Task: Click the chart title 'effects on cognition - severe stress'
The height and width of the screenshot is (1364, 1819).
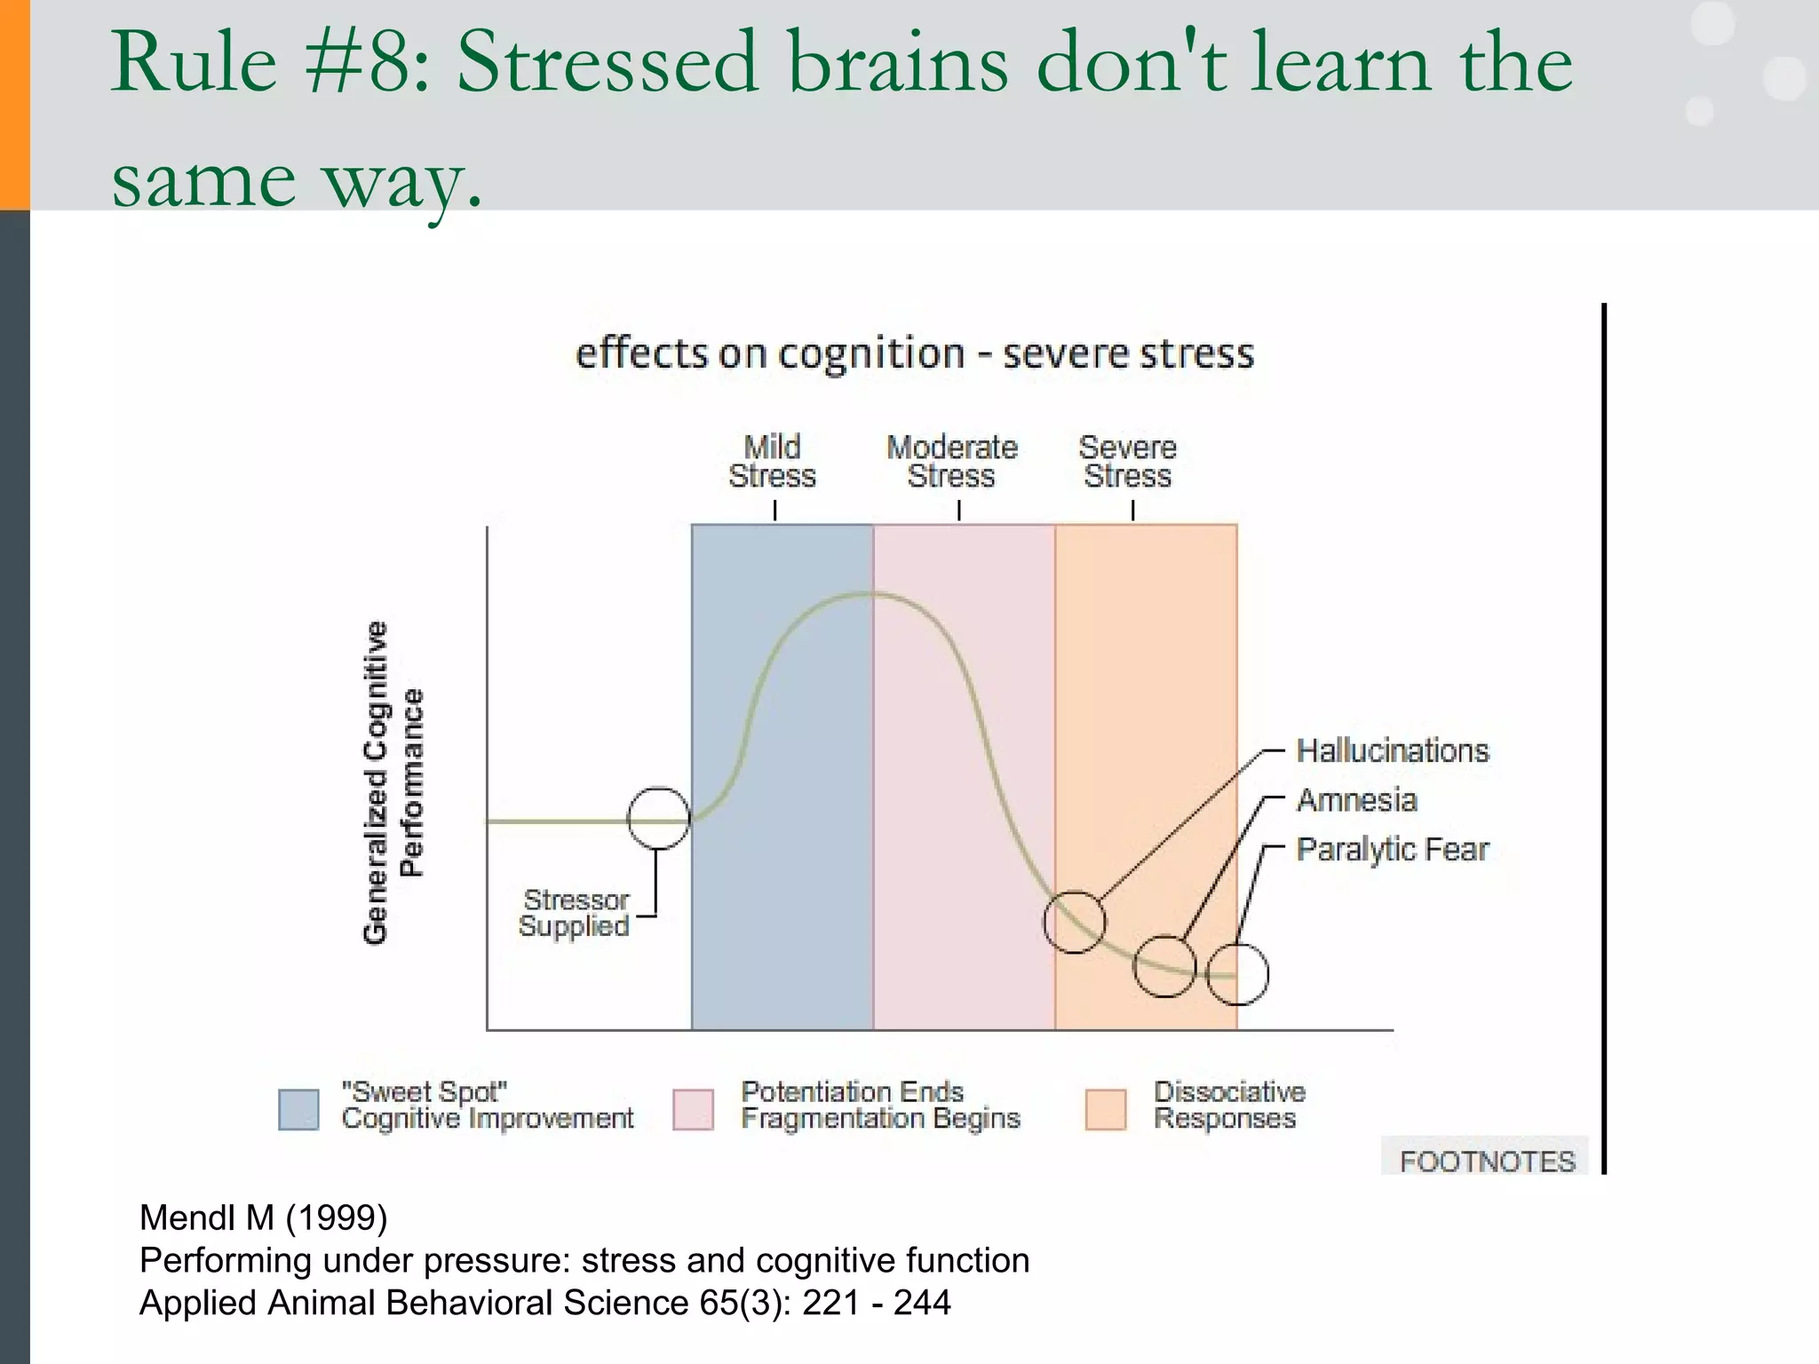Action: coord(915,353)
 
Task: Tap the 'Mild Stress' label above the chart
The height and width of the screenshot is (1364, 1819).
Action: coord(772,462)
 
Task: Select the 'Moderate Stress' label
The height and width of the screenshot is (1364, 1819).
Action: coord(952,462)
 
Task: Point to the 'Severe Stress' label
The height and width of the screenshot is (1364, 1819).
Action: coord(1128,462)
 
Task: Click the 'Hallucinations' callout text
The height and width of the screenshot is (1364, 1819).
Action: coord(1392,751)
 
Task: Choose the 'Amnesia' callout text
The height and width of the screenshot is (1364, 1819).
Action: coord(1356,800)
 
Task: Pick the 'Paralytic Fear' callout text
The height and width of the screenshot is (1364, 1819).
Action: coord(1392,850)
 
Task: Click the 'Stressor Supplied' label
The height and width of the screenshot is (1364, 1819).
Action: coord(575,913)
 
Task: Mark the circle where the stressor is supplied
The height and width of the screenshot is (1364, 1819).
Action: coord(658,819)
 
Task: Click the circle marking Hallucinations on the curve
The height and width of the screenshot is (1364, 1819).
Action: coord(1075,922)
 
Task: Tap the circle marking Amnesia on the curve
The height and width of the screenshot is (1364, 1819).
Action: coord(1164,966)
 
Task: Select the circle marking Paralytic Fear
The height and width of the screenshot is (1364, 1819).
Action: coord(1237,974)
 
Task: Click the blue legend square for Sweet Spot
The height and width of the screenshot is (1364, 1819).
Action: coord(298,1109)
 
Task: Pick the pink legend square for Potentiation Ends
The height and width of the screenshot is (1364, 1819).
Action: coord(693,1109)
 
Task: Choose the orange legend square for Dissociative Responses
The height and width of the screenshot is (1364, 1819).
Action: coord(1105,1109)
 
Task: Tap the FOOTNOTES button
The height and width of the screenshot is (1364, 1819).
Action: coord(1486,1161)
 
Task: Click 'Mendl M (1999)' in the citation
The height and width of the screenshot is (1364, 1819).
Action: coord(264,1217)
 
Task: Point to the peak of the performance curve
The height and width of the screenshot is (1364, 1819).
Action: coord(870,593)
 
